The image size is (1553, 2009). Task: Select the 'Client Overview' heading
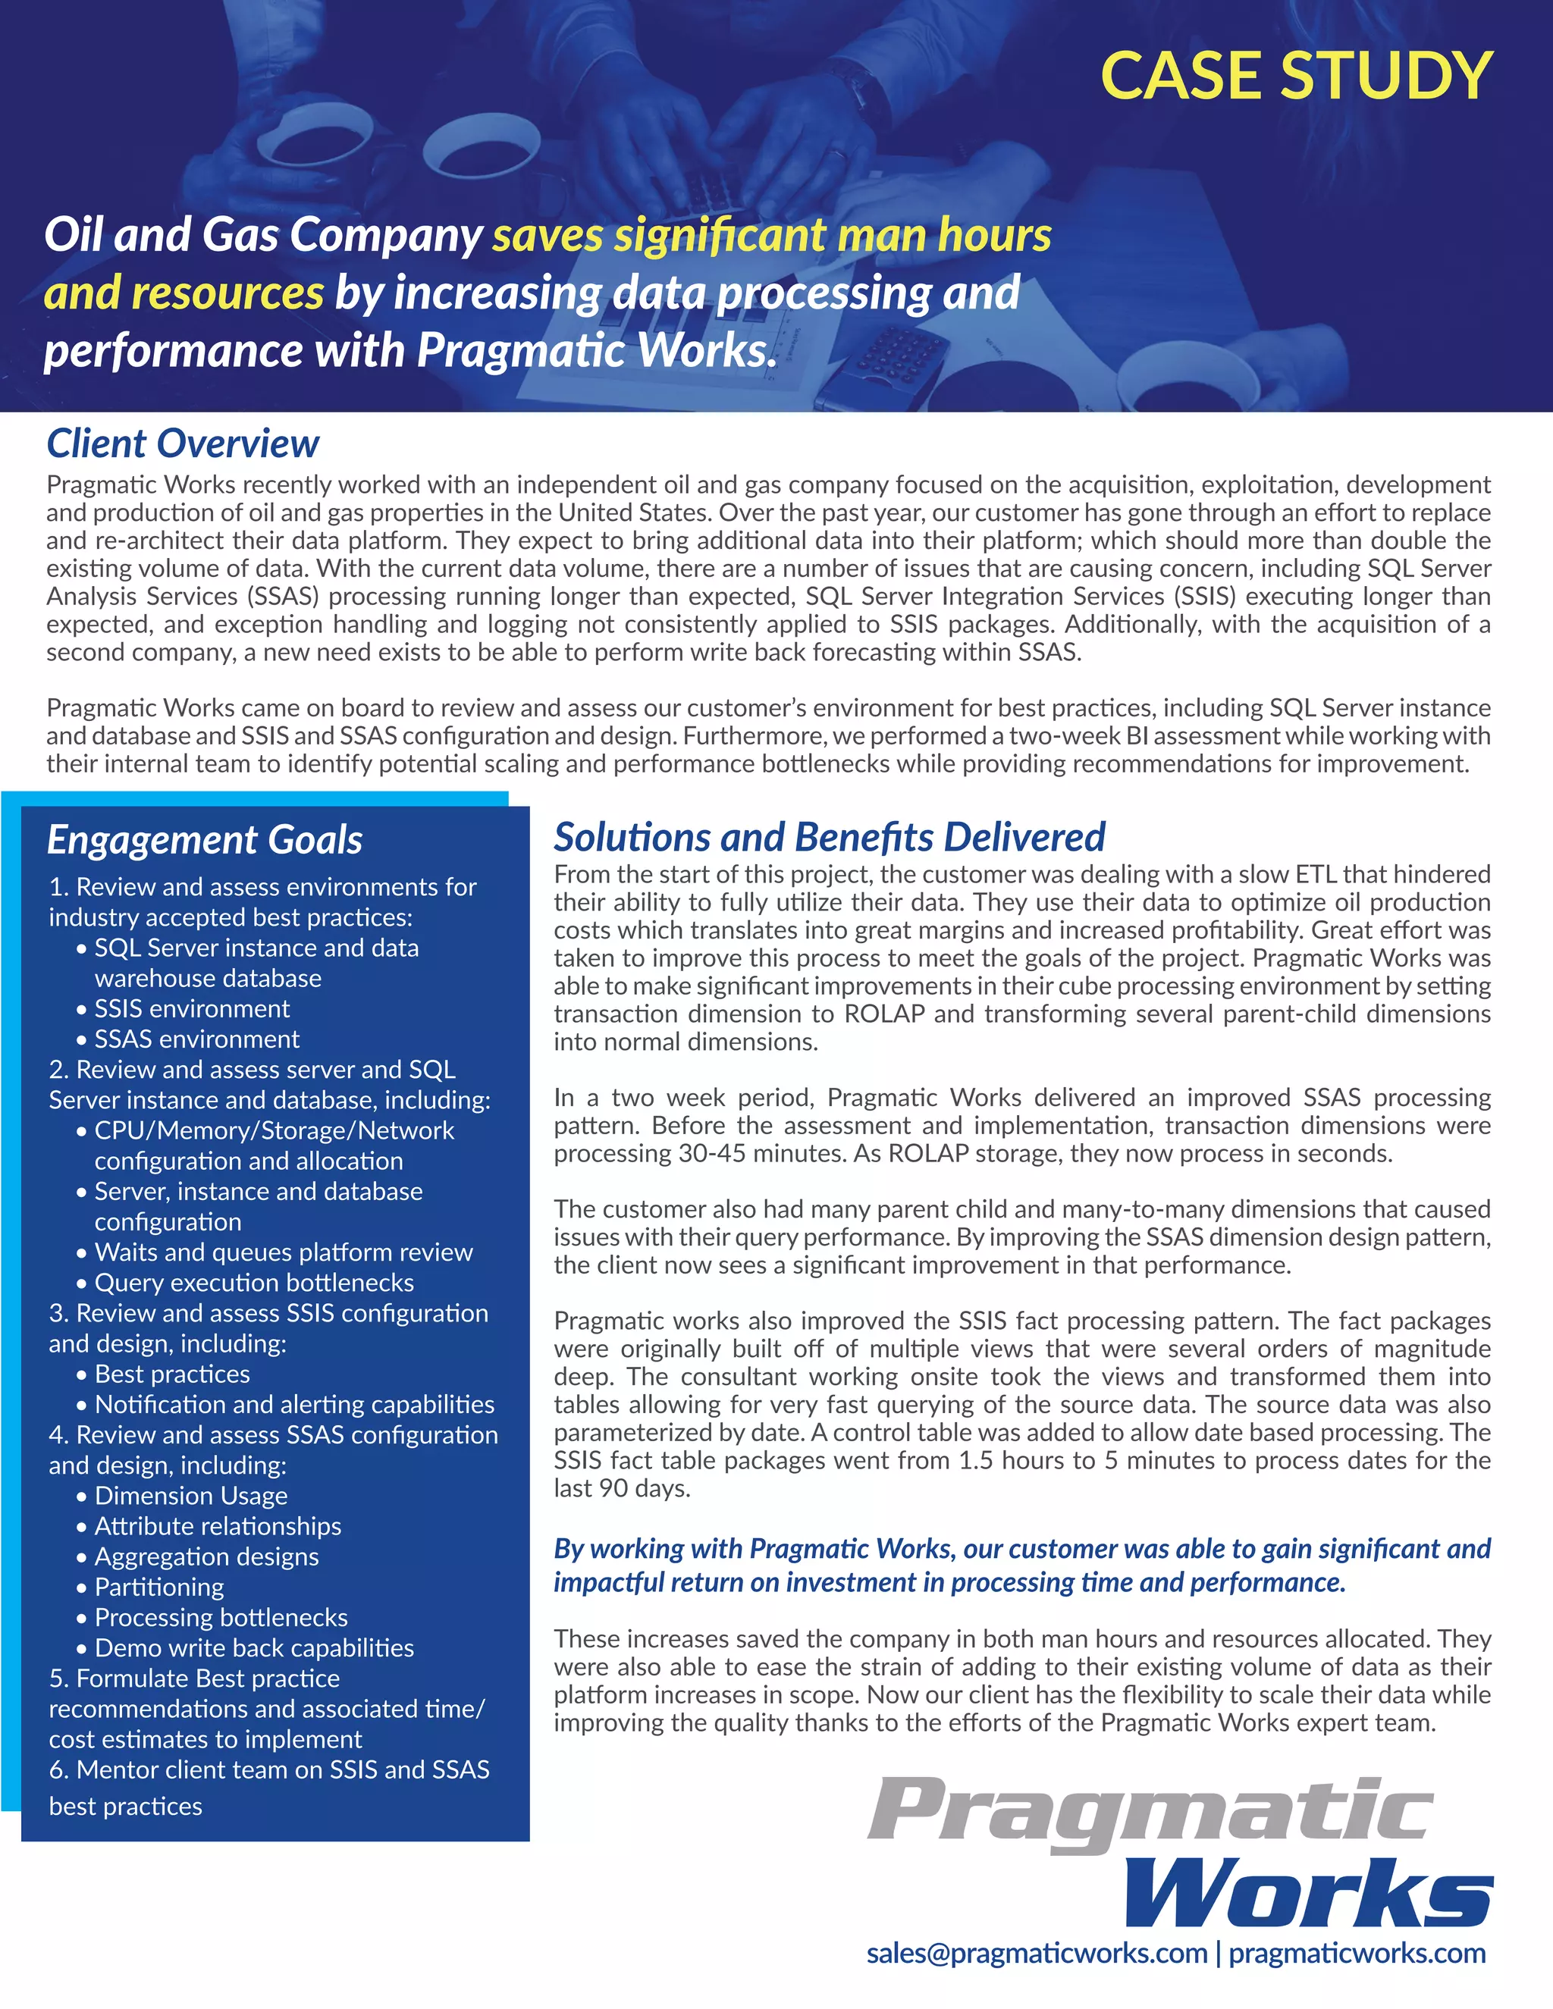[x=183, y=443]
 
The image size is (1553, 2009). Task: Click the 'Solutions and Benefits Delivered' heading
[x=829, y=837]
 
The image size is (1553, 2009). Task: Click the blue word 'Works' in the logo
[x=1307, y=1891]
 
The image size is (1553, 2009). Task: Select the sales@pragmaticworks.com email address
[x=1036, y=1952]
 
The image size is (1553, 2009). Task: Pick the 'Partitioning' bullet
[x=159, y=1587]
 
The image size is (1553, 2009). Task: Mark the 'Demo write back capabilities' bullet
[x=254, y=1647]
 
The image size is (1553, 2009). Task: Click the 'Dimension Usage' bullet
[x=190, y=1496]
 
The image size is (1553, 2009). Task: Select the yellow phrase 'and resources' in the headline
[x=184, y=293]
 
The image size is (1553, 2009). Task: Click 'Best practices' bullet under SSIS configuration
[x=172, y=1374]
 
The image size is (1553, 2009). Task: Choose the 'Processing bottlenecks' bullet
[x=221, y=1617]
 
